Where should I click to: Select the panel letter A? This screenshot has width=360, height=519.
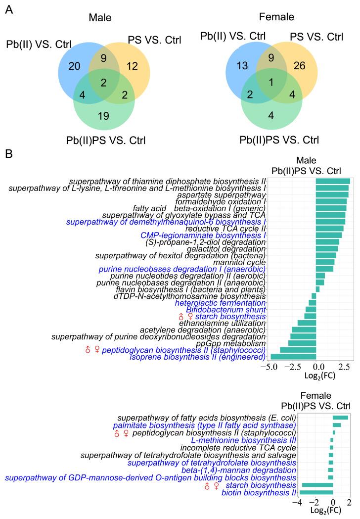click(x=8, y=9)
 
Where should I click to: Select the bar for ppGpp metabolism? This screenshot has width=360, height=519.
click(x=302, y=343)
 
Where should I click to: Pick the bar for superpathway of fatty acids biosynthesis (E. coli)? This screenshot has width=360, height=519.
click(x=340, y=418)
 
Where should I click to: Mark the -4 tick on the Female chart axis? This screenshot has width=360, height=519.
click(x=299, y=502)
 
